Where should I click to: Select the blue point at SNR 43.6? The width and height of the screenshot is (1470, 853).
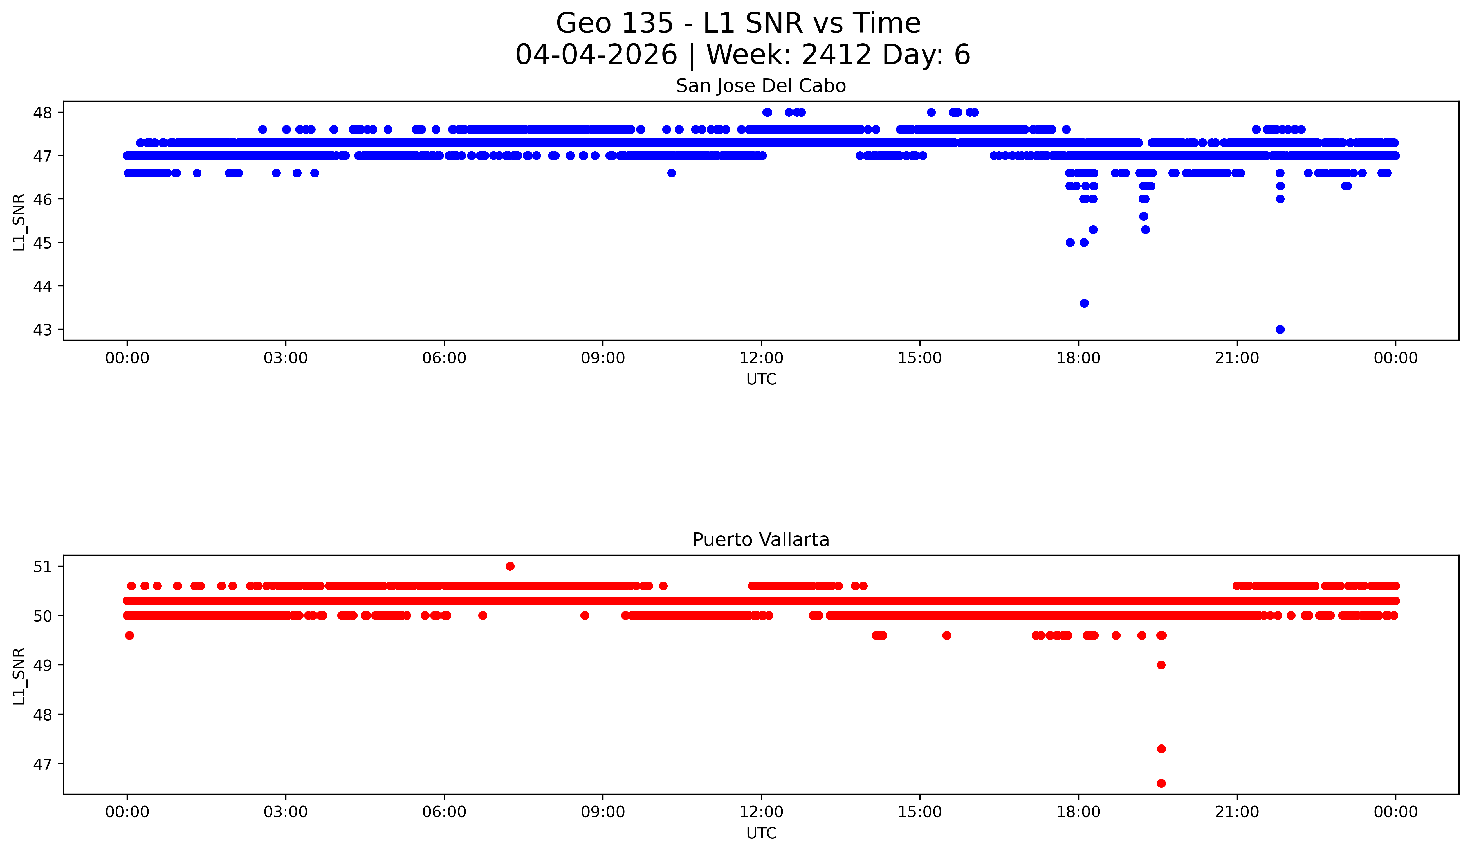(1084, 303)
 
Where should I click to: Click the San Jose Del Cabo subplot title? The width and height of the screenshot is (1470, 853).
(761, 86)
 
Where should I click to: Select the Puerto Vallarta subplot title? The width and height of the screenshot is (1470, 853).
(761, 540)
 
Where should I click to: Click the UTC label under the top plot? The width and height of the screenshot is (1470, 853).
(761, 380)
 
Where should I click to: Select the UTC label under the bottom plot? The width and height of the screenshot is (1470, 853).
(761, 833)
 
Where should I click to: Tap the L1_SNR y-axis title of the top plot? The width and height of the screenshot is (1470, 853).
(19, 222)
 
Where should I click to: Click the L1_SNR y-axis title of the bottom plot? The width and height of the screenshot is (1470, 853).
(19, 676)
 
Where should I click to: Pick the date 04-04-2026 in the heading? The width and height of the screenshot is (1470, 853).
(596, 55)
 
